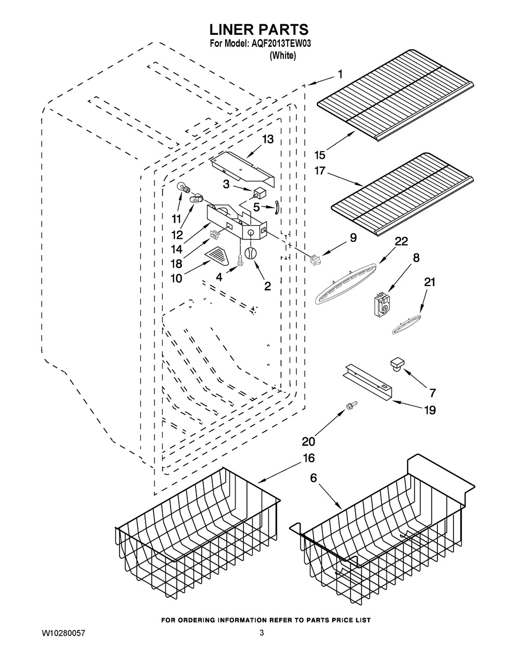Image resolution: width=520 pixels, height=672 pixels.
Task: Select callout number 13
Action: click(x=268, y=139)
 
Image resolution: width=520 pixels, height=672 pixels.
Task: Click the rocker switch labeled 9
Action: click(x=316, y=261)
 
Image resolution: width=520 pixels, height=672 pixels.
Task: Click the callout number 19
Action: click(x=430, y=410)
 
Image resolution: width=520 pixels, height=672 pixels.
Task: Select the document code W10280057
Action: click(x=63, y=633)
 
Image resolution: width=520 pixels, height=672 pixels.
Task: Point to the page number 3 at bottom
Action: click(x=262, y=633)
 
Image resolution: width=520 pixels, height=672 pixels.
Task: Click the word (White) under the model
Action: click(x=283, y=56)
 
